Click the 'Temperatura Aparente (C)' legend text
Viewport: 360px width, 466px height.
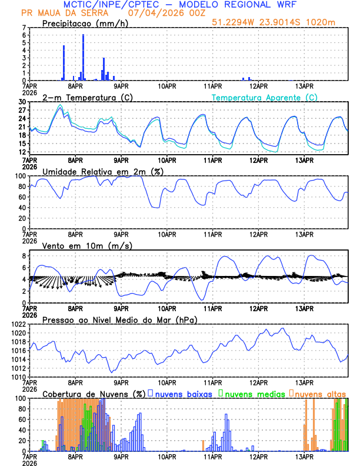click(265, 97)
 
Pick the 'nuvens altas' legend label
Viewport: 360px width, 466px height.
click(320, 394)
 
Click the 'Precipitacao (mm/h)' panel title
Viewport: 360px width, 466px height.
click(85, 23)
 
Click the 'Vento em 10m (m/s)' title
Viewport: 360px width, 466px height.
click(87, 245)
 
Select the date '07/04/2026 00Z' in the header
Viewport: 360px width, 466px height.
click(164, 12)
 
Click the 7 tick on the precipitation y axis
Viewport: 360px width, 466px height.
click(23, 28)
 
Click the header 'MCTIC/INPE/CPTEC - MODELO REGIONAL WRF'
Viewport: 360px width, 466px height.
click(179, 4)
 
